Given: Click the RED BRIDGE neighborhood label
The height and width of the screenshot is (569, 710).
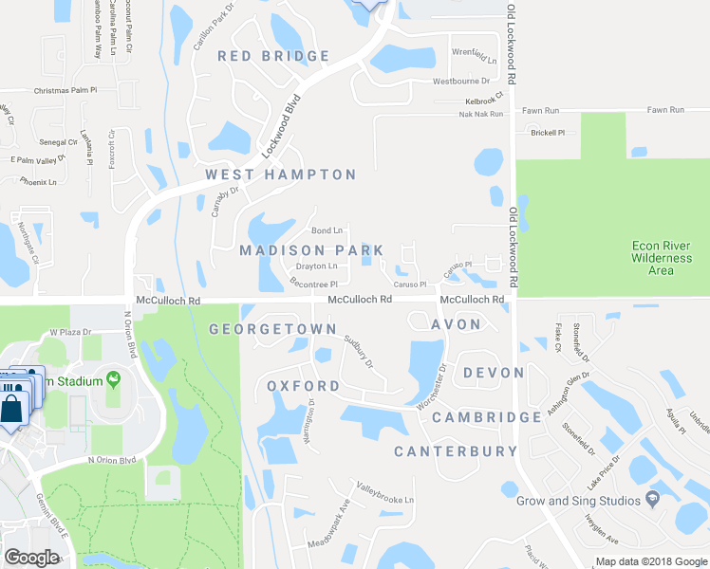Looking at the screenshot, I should pos(273,56).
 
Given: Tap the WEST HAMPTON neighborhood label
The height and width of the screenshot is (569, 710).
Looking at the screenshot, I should pos(281,174).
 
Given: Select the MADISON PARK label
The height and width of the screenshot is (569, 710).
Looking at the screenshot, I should pos(311,250).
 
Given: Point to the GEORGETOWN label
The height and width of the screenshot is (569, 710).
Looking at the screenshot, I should pos(272,329).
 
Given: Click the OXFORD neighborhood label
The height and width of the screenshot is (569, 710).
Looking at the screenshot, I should pos(303,386).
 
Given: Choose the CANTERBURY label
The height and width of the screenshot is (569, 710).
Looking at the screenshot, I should pos(456,451).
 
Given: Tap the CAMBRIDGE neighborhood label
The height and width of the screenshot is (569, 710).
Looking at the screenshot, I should pos(486,417).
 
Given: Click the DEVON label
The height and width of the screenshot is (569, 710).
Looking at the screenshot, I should pos(494,373).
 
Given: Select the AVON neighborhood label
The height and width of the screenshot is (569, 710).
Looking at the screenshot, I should pos(457,324).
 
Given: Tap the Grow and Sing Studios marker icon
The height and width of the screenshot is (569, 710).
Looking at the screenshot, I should pos(651,499).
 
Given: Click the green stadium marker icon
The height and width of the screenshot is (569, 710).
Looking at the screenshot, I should pos(115,380).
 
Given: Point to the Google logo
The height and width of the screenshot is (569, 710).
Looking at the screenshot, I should pos(31,558).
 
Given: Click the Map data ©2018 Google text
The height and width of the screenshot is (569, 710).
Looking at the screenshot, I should pos(651,561).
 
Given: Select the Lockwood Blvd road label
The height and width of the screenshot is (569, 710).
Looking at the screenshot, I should pos(281,126).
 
